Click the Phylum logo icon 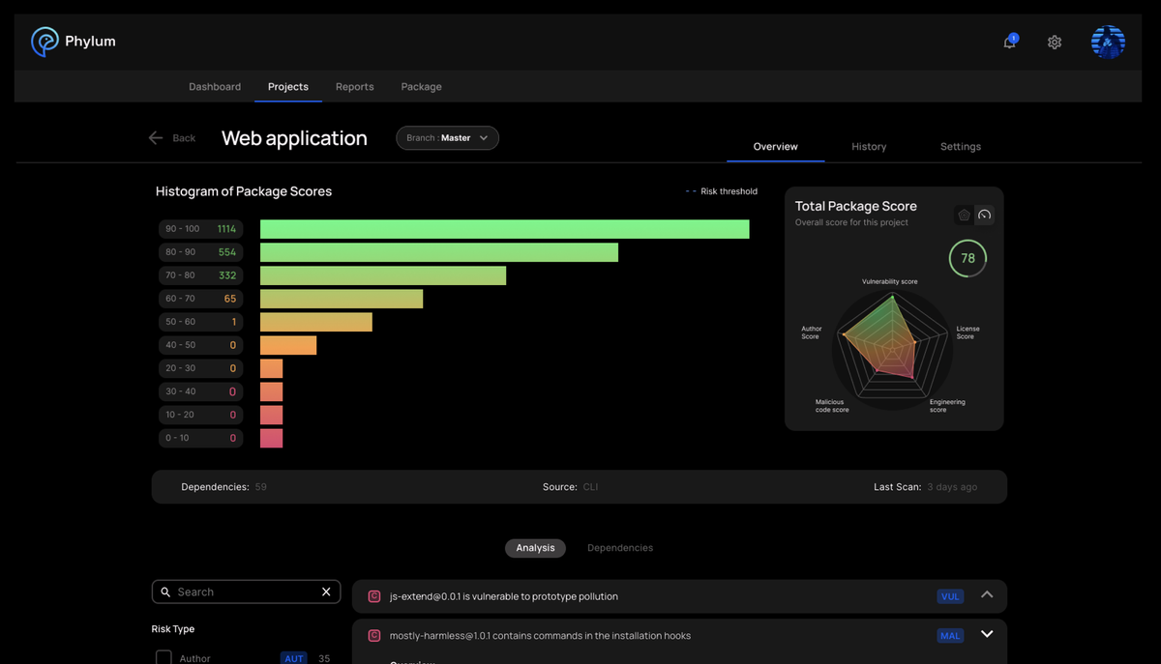click(x=45, y=42)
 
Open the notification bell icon click(x=1009, y=43)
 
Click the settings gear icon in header click(x=1055, y=43)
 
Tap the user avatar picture click(x=1108, y=42)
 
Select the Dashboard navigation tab click(x=215, y=87)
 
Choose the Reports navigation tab click(x=354, y=87)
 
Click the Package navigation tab click(x=421, y=87)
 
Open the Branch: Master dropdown click(x=447, y=138)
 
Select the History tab click(x=869, y=147)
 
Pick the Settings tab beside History click(x=960, y=147)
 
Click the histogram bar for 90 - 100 click(x=504, y=229)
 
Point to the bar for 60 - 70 click(x=341, y=299)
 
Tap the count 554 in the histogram click(x=227, y=252)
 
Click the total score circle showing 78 click(x=967, y=258)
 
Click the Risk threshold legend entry click(x=722, y=191)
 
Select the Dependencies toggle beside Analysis click(x=620, y=548)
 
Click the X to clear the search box click(x=326, y=592)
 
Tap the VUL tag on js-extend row click(x=950, y=596)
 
